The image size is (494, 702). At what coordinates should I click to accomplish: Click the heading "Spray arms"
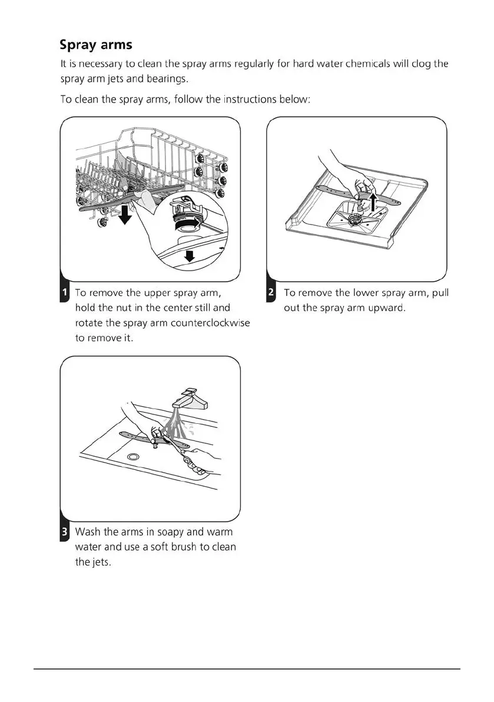(x=96, y=45)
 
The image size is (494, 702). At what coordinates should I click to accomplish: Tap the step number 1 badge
(x=64, y=293)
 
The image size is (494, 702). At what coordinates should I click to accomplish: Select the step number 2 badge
(x=271, y=293)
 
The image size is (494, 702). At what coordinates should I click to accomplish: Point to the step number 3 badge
(x=64, y=533)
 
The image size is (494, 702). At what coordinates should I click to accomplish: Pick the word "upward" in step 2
(x=387, y=308)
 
